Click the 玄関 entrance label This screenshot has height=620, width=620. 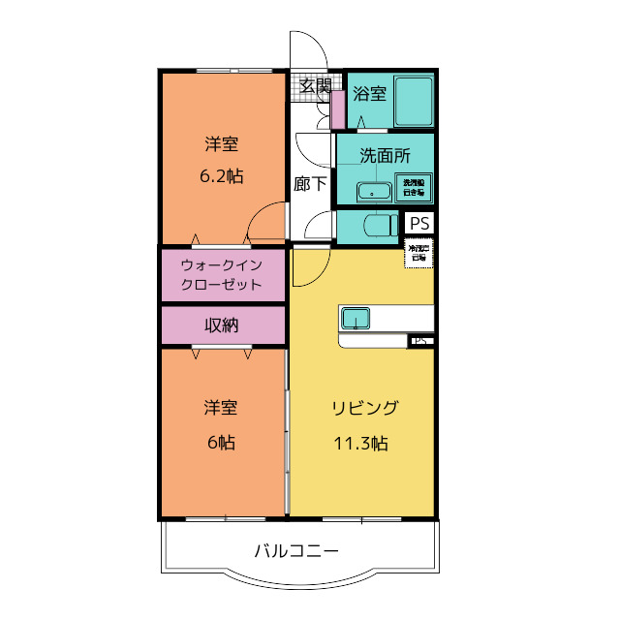[312, 85]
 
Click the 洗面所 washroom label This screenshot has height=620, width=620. [385, 155]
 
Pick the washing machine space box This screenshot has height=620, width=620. [414, 187]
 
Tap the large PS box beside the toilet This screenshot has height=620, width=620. [418, 223]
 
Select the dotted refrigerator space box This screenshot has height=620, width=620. [418, 255]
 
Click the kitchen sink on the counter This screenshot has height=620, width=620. [355, 317]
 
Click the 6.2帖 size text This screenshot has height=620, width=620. [221, 177]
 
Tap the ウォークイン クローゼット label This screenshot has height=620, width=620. [222, 274]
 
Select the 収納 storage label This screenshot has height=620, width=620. [222, 325]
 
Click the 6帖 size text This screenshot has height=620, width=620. [221, 442]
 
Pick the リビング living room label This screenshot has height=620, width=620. [362, 407]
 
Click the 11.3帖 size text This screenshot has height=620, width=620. [362, 444]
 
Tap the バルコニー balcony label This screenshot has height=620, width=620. [296, 551]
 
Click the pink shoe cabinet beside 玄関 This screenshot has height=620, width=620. [338, 108]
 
